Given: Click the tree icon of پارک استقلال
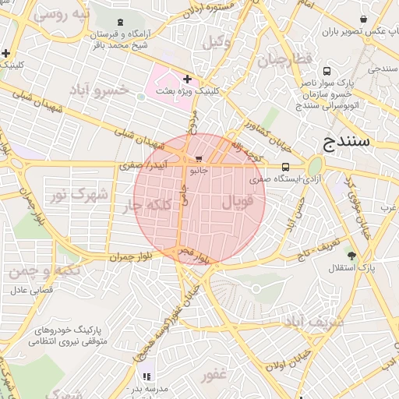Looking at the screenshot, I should coord(352,255).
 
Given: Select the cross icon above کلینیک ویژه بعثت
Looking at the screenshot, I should coord(187,79).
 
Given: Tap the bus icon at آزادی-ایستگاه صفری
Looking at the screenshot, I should coord(285,166).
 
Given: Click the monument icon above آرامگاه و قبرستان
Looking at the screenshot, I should coord(118,23).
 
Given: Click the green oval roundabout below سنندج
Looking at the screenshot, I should coord(315,167).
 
